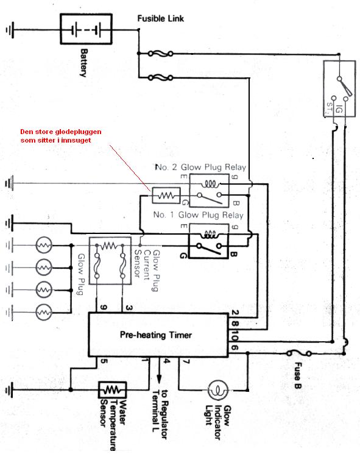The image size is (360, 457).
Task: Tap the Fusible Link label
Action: pyautogui.click(x=160, y=19)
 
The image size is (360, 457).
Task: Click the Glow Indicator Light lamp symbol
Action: pyautogui.click(x=218, y=390)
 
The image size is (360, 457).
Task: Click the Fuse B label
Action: pyautogui.click(x=297, y=375)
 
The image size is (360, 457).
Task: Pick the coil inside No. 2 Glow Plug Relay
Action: pyautogui.click(x=211, y=184)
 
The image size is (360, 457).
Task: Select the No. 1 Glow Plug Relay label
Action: pyautogui.click(x=198, y=215)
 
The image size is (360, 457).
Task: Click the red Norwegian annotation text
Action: pyautogui.click(x=61, y=136)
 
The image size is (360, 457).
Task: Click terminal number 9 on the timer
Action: pyautogui.click(x=104, y=307)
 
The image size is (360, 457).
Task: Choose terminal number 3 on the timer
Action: pyautogui.click(x=129, y=308)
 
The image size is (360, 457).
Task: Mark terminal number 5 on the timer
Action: pyautogui.click(x=104, y=361)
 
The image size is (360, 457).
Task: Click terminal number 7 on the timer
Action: pyautogui.click(x=186, y=361)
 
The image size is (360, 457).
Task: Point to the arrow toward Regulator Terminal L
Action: pyautogui.click(x=159, y=370)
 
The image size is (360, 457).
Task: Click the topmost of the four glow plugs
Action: pyautogui.click(x=44, y=245)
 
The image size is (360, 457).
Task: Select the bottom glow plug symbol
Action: pyautogui.click(x=44, y=313)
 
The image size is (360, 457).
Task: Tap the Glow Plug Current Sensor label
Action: pyautogui.click(x=147, y=270)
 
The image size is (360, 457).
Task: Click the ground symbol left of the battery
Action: pyautogui.click(x=10, y=29)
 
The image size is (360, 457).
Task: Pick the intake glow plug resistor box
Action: pyautogui.click(x=166, y=195)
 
